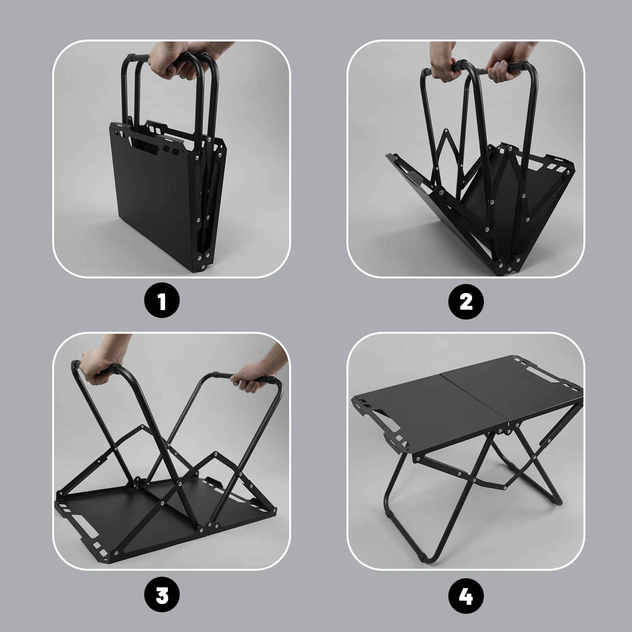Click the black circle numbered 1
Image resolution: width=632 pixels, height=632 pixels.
162,301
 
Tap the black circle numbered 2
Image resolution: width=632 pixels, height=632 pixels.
466,302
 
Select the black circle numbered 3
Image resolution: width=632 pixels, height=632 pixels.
162,595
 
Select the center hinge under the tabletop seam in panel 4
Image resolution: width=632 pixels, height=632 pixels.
507,428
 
